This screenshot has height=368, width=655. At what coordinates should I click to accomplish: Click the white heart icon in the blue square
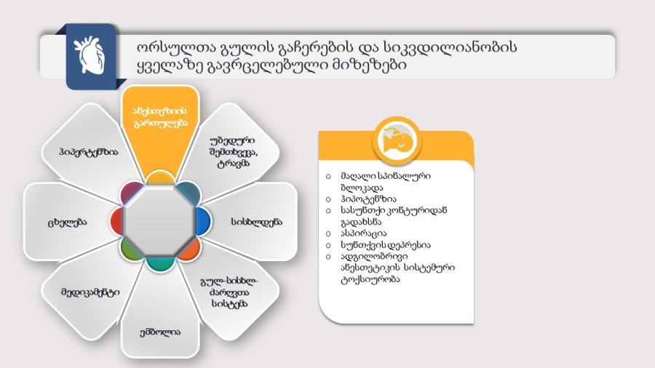click(x=89, y=55)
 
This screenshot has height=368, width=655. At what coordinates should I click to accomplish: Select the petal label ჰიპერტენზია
click(x=89, y=152)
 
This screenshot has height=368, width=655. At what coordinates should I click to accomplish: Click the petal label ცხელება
click(x=67, y=223)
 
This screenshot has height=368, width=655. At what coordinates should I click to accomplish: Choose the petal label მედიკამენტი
click(x=90, y=292)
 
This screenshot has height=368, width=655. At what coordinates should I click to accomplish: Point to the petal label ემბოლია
click(x=160, y=332)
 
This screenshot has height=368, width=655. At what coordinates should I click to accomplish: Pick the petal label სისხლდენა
click(x=256, y=222)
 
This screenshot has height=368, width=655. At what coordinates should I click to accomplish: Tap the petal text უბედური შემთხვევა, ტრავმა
click(x=233, y=152)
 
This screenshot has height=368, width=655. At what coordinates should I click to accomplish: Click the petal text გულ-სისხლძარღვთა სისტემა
click(x=229, y=292)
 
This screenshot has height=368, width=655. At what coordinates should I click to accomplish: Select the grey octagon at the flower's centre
click(x=159, y=221)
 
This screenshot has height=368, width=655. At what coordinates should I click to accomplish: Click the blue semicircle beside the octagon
click(x=204, y=221)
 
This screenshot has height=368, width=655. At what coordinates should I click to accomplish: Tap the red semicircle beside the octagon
click(x=116, y=221)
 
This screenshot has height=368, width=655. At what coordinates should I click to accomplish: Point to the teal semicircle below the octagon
click(x=159, y=264)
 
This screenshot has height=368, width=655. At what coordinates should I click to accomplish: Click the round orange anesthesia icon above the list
click(x=397, y=141)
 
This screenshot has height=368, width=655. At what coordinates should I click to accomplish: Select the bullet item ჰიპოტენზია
click(x=368, y=199)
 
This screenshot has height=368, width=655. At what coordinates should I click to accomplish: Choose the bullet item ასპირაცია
click(x=364, y=233)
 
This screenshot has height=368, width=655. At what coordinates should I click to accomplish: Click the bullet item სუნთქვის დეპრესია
click(x=385, y=245)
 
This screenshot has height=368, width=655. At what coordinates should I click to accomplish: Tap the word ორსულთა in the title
click(x=175, y=47)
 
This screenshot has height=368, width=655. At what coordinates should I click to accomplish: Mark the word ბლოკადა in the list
click(x=362, y=188)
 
